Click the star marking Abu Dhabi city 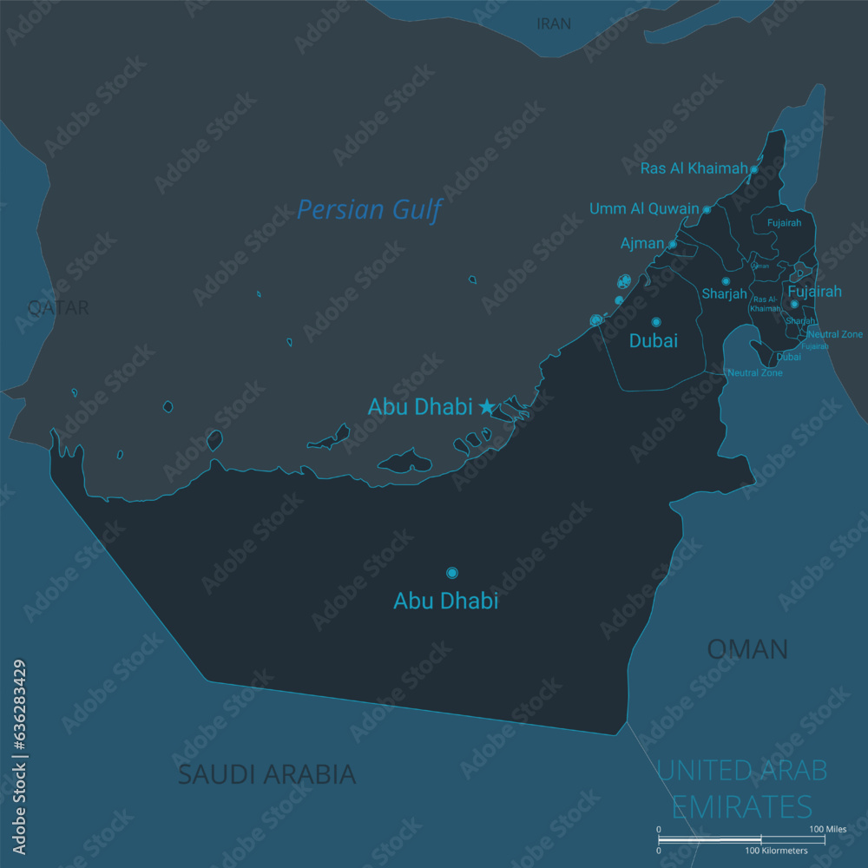click(487, 406)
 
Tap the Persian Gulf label click(370, 210)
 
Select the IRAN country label click(554, 24)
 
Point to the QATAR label click(58, 307)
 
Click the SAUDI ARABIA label click(266, 774)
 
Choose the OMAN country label click(746, 648)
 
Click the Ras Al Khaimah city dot click(753, 169)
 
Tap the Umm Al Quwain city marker click(707, 209)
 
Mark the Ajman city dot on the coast click(672, 244)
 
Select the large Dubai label click(653, 341)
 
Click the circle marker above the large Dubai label click(656, 322)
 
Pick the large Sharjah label click(724, 294)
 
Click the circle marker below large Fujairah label click(793, 304)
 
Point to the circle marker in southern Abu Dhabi click(451, 573)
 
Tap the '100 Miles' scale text click(827, 830)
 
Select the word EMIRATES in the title click(741, 806)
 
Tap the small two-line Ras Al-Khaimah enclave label click(765, 303)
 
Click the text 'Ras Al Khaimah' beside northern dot click(694, 168)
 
